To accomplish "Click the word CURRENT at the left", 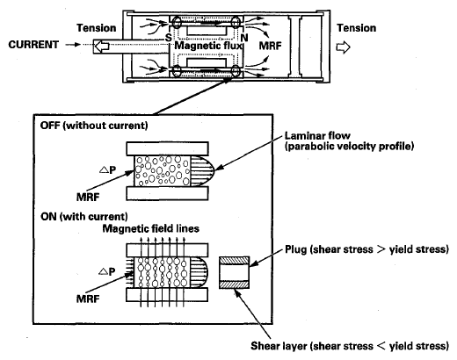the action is tap(33, 45).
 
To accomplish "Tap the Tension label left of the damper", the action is tap(97, 28).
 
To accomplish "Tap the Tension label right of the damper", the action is tap(357, 28).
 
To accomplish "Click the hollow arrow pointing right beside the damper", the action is tap(343, 47).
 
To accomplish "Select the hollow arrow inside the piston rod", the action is tap(101, 47).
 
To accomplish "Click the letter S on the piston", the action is tap(168, 38).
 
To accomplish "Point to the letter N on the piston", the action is tap(244, 38).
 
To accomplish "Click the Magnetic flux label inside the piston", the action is tap(208, 46).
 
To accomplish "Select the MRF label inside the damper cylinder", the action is tap(270, 46).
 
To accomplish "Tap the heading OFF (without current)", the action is tap(94, 126).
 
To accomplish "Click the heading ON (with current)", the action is tap(84, 217).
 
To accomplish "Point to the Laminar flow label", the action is tap(317, 135).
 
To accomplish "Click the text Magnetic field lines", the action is tap(151, 228).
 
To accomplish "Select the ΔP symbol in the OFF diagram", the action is tap(107, 169).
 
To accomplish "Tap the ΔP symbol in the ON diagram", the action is tap(107, 271).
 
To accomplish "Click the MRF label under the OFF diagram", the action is tap(88, 198).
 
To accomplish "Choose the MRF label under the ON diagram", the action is tap(88, 299).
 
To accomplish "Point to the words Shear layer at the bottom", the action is tap(279, 346).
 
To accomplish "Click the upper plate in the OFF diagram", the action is tap(167, 148).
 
